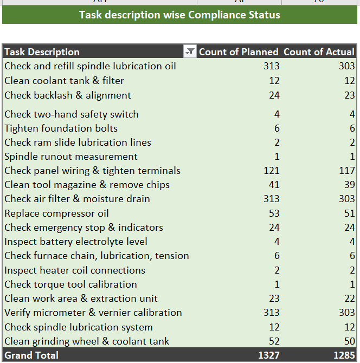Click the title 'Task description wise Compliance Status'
tap(179, 15)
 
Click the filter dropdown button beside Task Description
tap(190, 52)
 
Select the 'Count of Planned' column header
tap(239, 52)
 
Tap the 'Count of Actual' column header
tap(319, 52)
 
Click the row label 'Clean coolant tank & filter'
tap(64, 81)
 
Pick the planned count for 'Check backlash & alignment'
tap(274, 95)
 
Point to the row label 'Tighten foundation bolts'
tap(61, 128)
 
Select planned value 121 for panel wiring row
tap(271, 171)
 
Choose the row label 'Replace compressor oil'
tap(56, 213)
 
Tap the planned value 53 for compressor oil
tap(274, 213)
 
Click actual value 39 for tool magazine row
tap(349, 185)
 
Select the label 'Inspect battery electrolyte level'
tap(75, 242)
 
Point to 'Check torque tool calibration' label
tap(70, 284)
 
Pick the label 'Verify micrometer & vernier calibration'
tap(93, 313)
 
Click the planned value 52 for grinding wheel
tap(274, 341)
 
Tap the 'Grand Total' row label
tap(31, 355)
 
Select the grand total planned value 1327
tap(268, 355)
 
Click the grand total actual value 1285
tap(343, 355)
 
